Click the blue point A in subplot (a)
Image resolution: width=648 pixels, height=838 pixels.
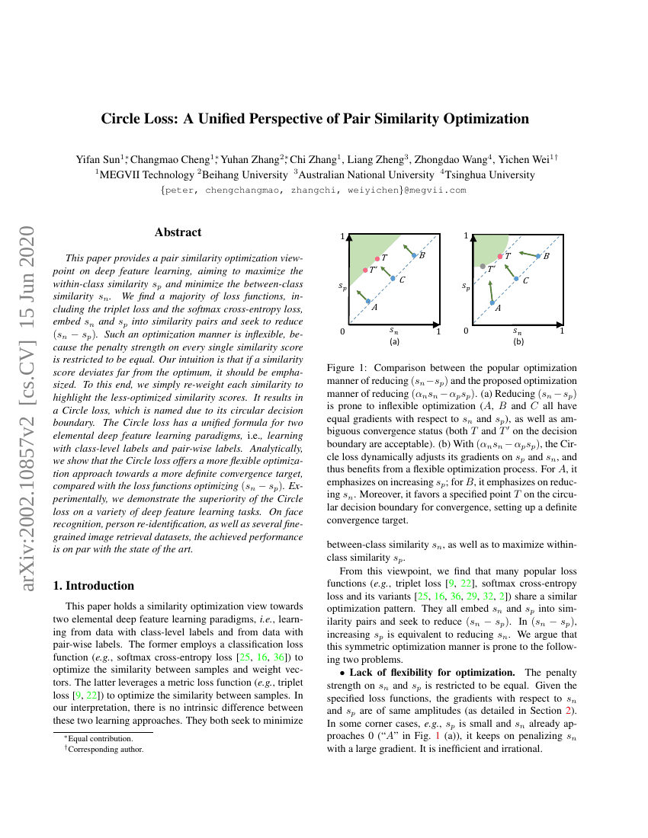click(x=368, y=302)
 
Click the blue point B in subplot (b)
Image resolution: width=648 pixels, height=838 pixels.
click(x=538, y=256)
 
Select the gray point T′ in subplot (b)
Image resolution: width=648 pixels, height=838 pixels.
click(x=483, y=266)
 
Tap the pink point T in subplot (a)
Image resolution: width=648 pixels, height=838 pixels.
click(x=377, y=258)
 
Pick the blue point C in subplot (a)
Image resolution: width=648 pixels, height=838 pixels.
click(x=393, y=279)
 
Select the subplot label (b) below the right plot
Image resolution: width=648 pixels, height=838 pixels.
click(x=518, y=342)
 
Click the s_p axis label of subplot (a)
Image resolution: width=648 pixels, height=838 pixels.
click(x=343, y=286)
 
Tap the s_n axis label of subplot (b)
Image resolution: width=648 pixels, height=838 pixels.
click(x=518, y=331)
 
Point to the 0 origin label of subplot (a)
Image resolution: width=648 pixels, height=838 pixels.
click(x=343, y=331)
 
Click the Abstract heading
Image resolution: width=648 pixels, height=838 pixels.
click(x=178, y=232)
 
